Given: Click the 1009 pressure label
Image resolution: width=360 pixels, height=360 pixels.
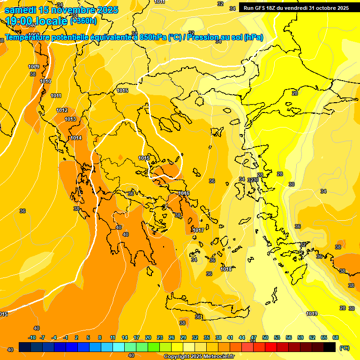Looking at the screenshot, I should click(33, 67).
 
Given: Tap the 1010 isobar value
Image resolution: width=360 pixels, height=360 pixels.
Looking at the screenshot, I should click(45, 81).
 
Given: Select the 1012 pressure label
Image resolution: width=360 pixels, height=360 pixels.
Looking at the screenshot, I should click(62, 110).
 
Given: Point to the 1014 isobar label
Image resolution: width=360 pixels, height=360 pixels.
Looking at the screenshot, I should click(76, 138).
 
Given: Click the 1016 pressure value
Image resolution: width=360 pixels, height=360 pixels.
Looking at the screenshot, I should click(184, 193).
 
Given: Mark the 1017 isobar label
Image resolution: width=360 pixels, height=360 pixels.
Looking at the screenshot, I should click(198, 230).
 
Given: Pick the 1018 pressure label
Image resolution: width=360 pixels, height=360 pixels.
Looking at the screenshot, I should click(226, 269).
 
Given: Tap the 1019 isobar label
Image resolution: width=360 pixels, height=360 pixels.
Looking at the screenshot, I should click(312, 314).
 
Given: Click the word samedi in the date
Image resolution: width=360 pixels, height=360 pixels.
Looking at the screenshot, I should click(20, 10).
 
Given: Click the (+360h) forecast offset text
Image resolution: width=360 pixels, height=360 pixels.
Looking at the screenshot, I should click(83, 21).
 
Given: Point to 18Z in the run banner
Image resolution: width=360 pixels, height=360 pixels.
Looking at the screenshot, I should click(275, 8).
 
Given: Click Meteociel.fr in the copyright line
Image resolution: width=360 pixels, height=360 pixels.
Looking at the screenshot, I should click(217, 357).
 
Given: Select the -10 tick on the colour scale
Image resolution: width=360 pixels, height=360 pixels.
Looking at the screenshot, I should click(32, 337).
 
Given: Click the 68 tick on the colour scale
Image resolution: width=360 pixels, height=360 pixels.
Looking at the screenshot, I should click(336, 337).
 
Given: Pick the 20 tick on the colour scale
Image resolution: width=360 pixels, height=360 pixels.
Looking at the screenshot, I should click(148, 337).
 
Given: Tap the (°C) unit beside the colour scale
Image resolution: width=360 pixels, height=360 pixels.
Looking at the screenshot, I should click(344, 348).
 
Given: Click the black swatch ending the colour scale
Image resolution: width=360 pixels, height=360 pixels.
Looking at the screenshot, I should click(330, 347).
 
